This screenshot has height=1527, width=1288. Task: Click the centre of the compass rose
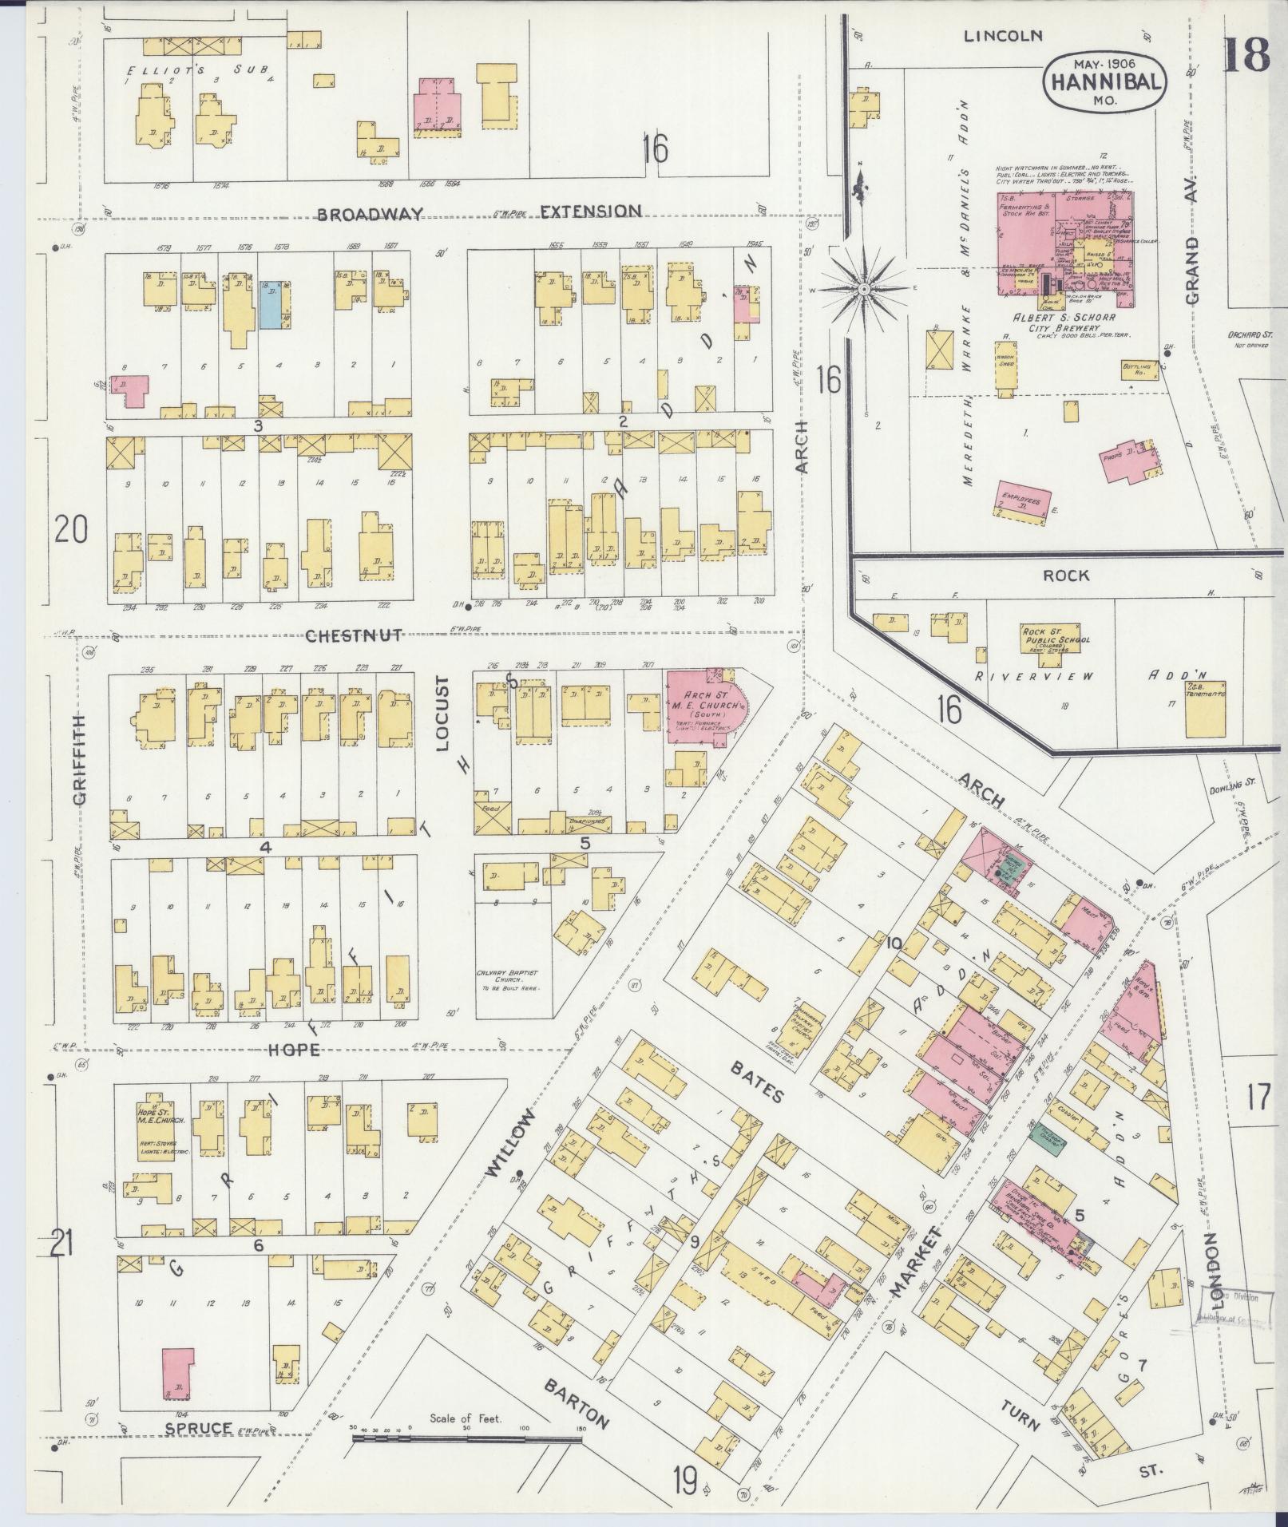pyautogui.click(x=863, y=289)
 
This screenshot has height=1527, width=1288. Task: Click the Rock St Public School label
pyautogui.click(x=1056, y=635)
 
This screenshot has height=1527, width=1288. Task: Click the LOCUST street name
pyautogui.click(x=445, y=715)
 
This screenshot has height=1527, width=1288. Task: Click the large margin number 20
pyautogui.click(x=71, y=529)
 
